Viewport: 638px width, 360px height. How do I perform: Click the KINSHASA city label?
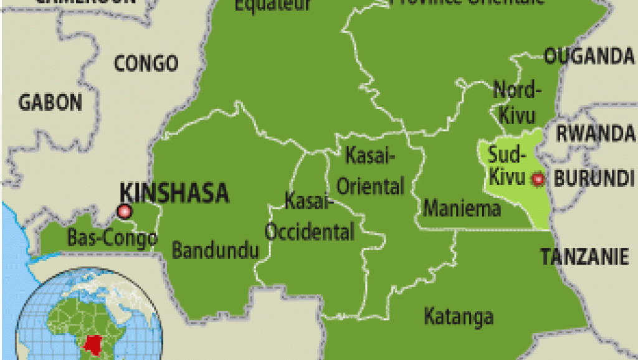click(174, 193)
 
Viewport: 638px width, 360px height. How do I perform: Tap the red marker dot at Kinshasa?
click(125, 212)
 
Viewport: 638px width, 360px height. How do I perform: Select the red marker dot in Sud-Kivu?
click(538, 179)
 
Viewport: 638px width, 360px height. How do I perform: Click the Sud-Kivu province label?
click(507, 166)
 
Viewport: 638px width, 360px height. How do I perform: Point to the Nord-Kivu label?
click(514, 101)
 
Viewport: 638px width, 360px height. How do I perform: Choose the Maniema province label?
click(462, 208)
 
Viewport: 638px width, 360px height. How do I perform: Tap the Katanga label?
click(459, 316)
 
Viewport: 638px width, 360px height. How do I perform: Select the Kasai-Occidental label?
click(310, 217)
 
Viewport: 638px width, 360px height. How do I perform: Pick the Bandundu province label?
click(215, 251)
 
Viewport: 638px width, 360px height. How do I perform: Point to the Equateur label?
click(272, 5)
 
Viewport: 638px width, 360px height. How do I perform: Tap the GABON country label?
click(50, 102)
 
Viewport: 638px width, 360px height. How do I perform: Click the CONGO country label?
click(146, 63)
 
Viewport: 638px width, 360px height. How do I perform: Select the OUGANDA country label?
click(589, 56)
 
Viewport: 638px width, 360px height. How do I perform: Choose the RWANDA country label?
click(596, 133)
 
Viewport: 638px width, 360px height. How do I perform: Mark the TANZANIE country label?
click(584, 256)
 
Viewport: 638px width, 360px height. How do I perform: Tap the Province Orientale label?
click(467, 2)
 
